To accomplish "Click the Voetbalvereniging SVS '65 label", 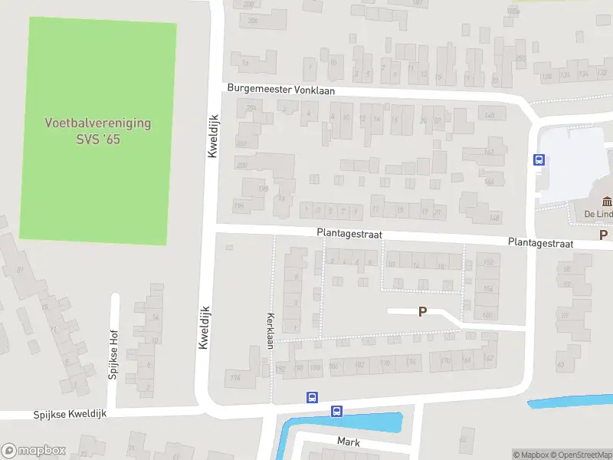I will [97, 131].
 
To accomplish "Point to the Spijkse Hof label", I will [112, 361].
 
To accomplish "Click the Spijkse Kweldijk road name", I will [70, 414].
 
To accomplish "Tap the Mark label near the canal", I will [349, 442].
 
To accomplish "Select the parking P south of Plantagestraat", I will [421, 312].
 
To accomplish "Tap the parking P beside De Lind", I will [603, 235].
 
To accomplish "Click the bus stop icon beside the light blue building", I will [539, 160].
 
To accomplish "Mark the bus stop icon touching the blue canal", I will [336, 412].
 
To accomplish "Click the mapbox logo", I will [34, 451].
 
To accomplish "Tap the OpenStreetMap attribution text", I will [581, 455].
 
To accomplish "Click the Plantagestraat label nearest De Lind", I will [540, 242].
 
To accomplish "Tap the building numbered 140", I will [489, 115].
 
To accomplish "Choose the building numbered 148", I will [494, 218].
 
